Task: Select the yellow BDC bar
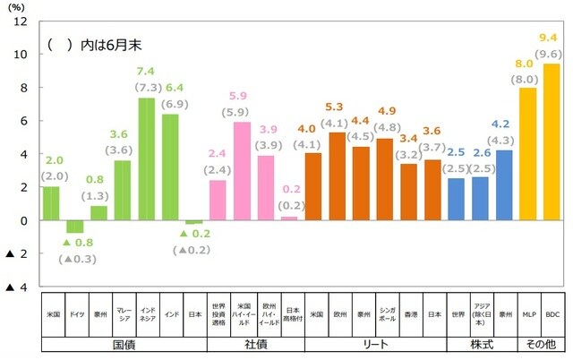pos(552,141)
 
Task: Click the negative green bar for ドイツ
pos(75,227)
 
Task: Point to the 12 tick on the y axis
pos(21,21)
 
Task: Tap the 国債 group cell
pos(123,343)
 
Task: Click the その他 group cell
pos(540,343)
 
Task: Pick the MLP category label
pos(528,314)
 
